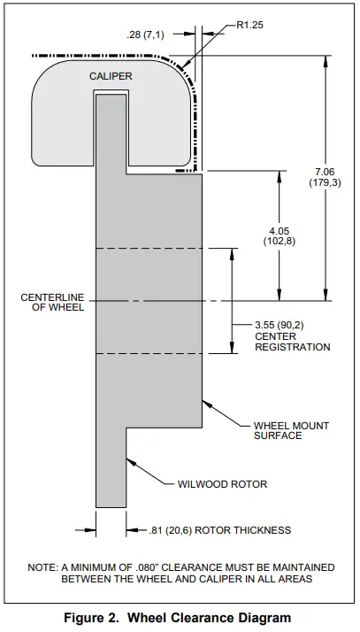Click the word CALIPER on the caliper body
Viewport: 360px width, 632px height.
coord(111,77)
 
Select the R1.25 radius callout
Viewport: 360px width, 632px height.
coord(252,27)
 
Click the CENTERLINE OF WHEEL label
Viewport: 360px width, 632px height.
coord(52,303)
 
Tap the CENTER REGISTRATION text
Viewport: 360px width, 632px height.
coord(292,342)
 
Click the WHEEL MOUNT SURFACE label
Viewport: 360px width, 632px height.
coord(291,430)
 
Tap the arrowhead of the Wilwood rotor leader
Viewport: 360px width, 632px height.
coord(129,459)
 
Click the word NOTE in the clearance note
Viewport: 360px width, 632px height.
coord(43,566)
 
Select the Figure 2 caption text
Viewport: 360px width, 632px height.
coord(180,618)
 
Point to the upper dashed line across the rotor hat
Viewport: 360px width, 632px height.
coord(149,249)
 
